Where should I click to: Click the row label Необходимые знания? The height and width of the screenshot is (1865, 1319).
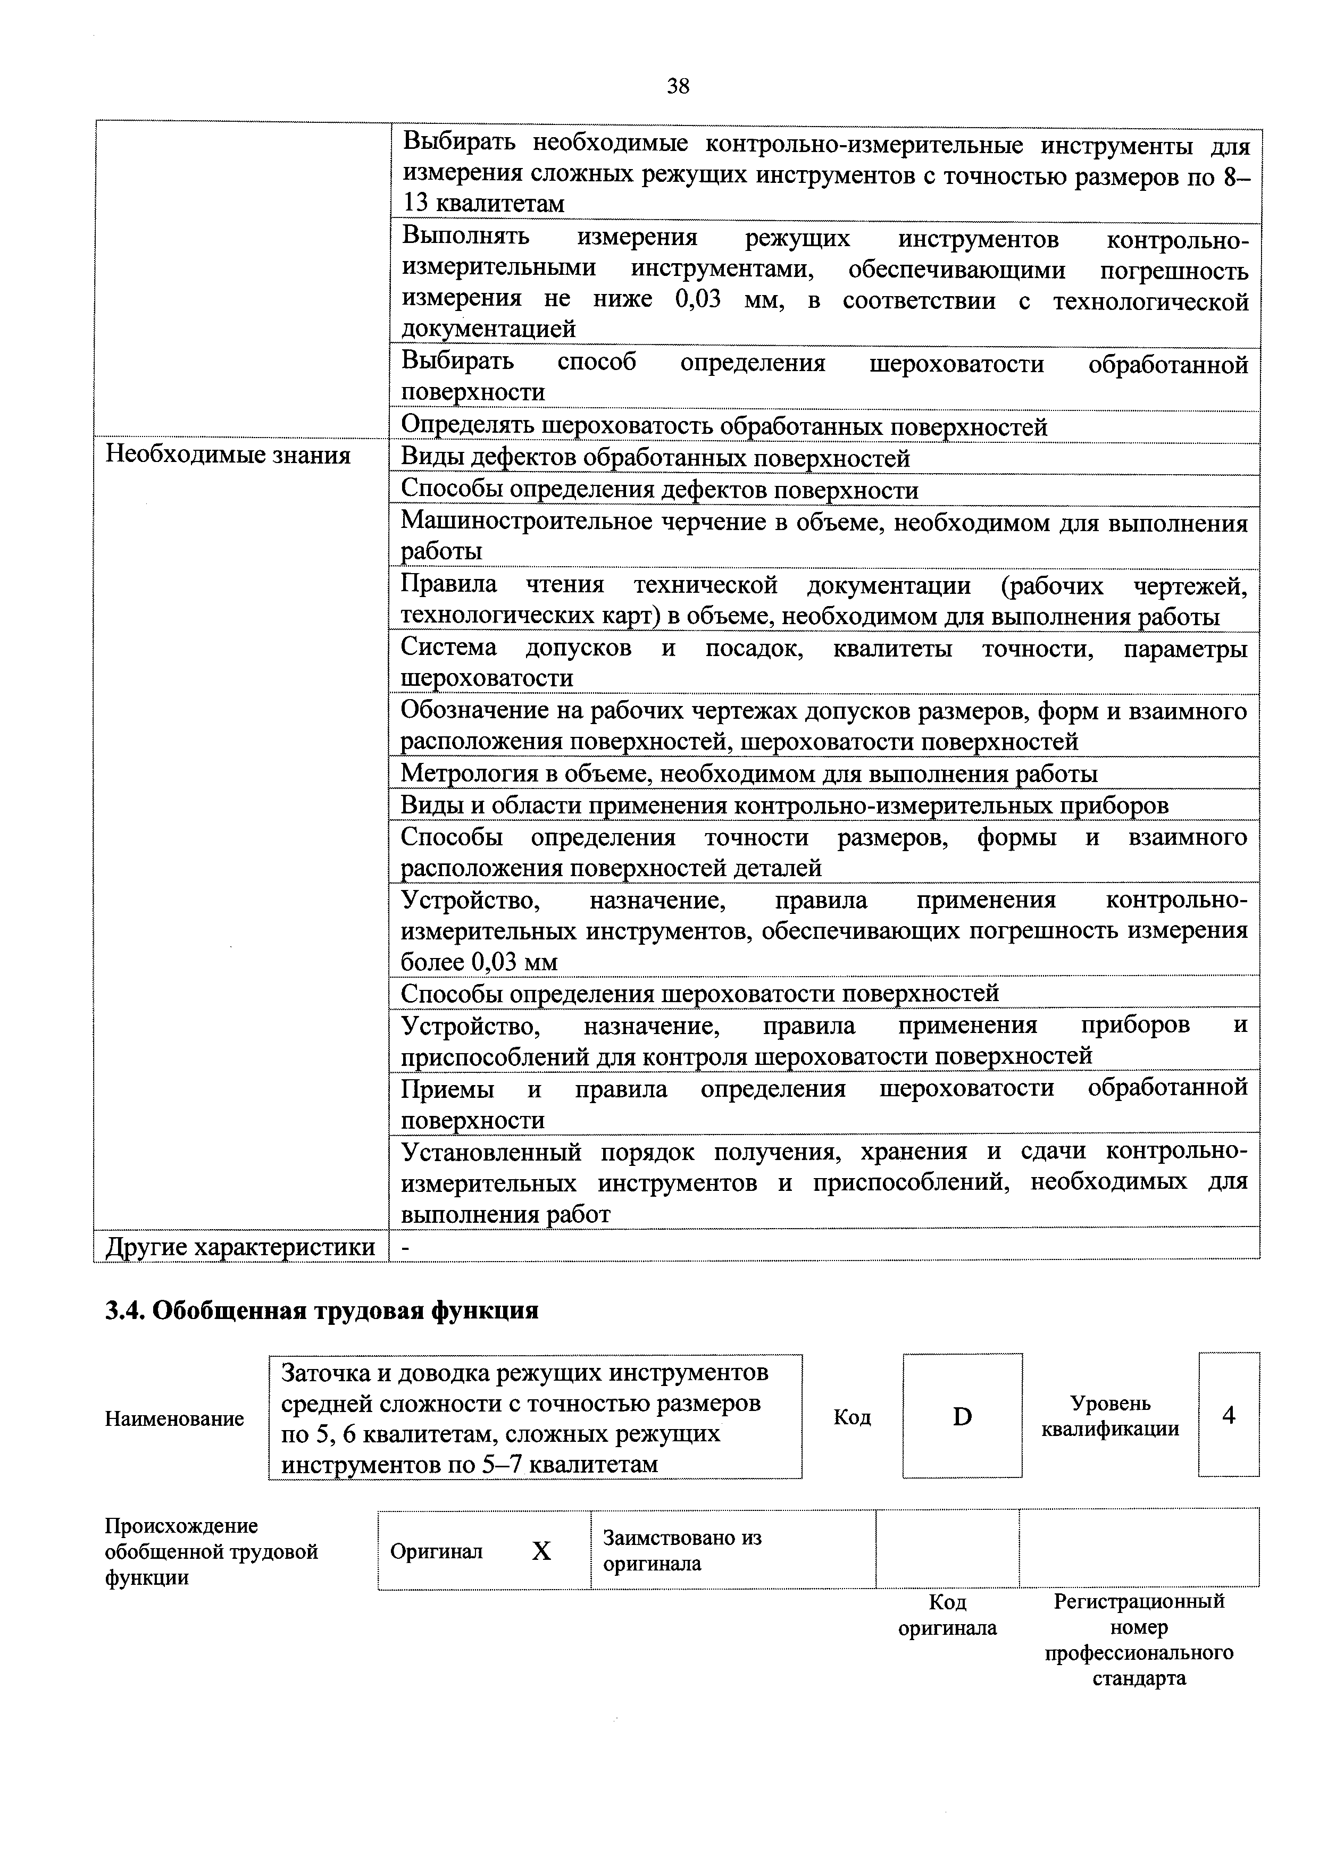point(228,456)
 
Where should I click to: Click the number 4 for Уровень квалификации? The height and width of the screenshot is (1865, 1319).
point(1228,1415)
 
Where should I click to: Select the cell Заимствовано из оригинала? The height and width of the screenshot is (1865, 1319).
point(683,1550)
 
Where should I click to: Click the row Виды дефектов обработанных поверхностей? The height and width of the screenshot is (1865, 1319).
point(655,459)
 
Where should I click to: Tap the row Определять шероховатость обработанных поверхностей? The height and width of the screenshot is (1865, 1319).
point(724,426)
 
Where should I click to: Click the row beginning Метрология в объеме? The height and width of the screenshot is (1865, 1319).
point(748,774)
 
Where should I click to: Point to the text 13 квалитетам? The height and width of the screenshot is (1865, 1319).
point(483,204)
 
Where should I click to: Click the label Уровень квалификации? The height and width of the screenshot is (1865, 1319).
point(1110,1416)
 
